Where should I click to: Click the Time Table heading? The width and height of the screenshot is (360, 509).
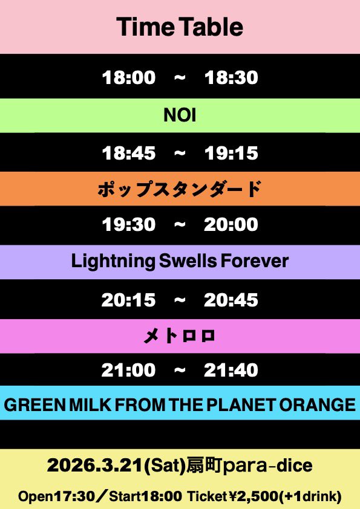(x=180, y=27)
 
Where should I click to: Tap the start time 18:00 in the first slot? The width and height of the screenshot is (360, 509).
(x=128, y=77)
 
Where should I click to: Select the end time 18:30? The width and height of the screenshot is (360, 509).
(x=231, y=77)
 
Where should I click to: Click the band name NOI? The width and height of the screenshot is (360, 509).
(x=180, y=115)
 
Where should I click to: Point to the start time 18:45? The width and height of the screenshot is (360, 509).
(x=128, y=153)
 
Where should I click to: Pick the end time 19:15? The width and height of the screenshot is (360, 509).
(x=231, y=153)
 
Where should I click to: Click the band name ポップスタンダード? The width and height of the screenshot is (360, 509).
(x=180, y=189)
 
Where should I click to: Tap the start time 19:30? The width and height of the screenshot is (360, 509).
(x=128, y=225)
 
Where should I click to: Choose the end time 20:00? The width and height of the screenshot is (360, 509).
(x=231, y=225)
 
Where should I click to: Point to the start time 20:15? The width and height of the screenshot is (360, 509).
(x=128, y=300)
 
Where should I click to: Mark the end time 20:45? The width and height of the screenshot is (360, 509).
(x=231, y=300)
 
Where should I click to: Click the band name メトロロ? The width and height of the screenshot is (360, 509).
(x=180, y=336)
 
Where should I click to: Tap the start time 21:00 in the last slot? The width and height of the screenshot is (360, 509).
(x=128, y=370)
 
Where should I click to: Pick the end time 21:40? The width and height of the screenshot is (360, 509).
(x=231, y=370)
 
